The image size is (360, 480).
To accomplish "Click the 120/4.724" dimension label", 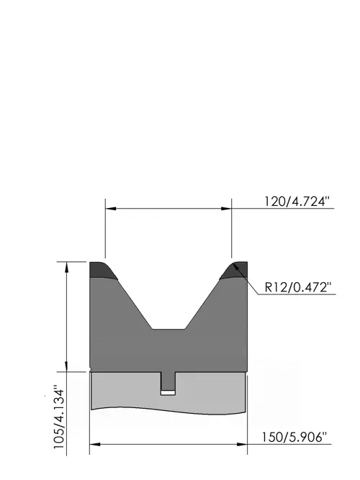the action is click(x=297, y=201).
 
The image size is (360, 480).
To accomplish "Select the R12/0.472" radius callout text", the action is click(x=298, y=287).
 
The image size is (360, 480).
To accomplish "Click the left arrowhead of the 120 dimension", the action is click(x=111, y=209).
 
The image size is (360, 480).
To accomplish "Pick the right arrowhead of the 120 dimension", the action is click(x=226, y=209).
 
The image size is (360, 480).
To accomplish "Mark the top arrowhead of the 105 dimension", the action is click(x=66, y=267).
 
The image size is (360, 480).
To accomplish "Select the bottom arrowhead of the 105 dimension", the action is click(x=66, y=366).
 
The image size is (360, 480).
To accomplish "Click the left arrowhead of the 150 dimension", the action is click(x=95, y=444).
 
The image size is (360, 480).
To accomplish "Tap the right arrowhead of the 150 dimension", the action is click(x=242, y=444).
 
